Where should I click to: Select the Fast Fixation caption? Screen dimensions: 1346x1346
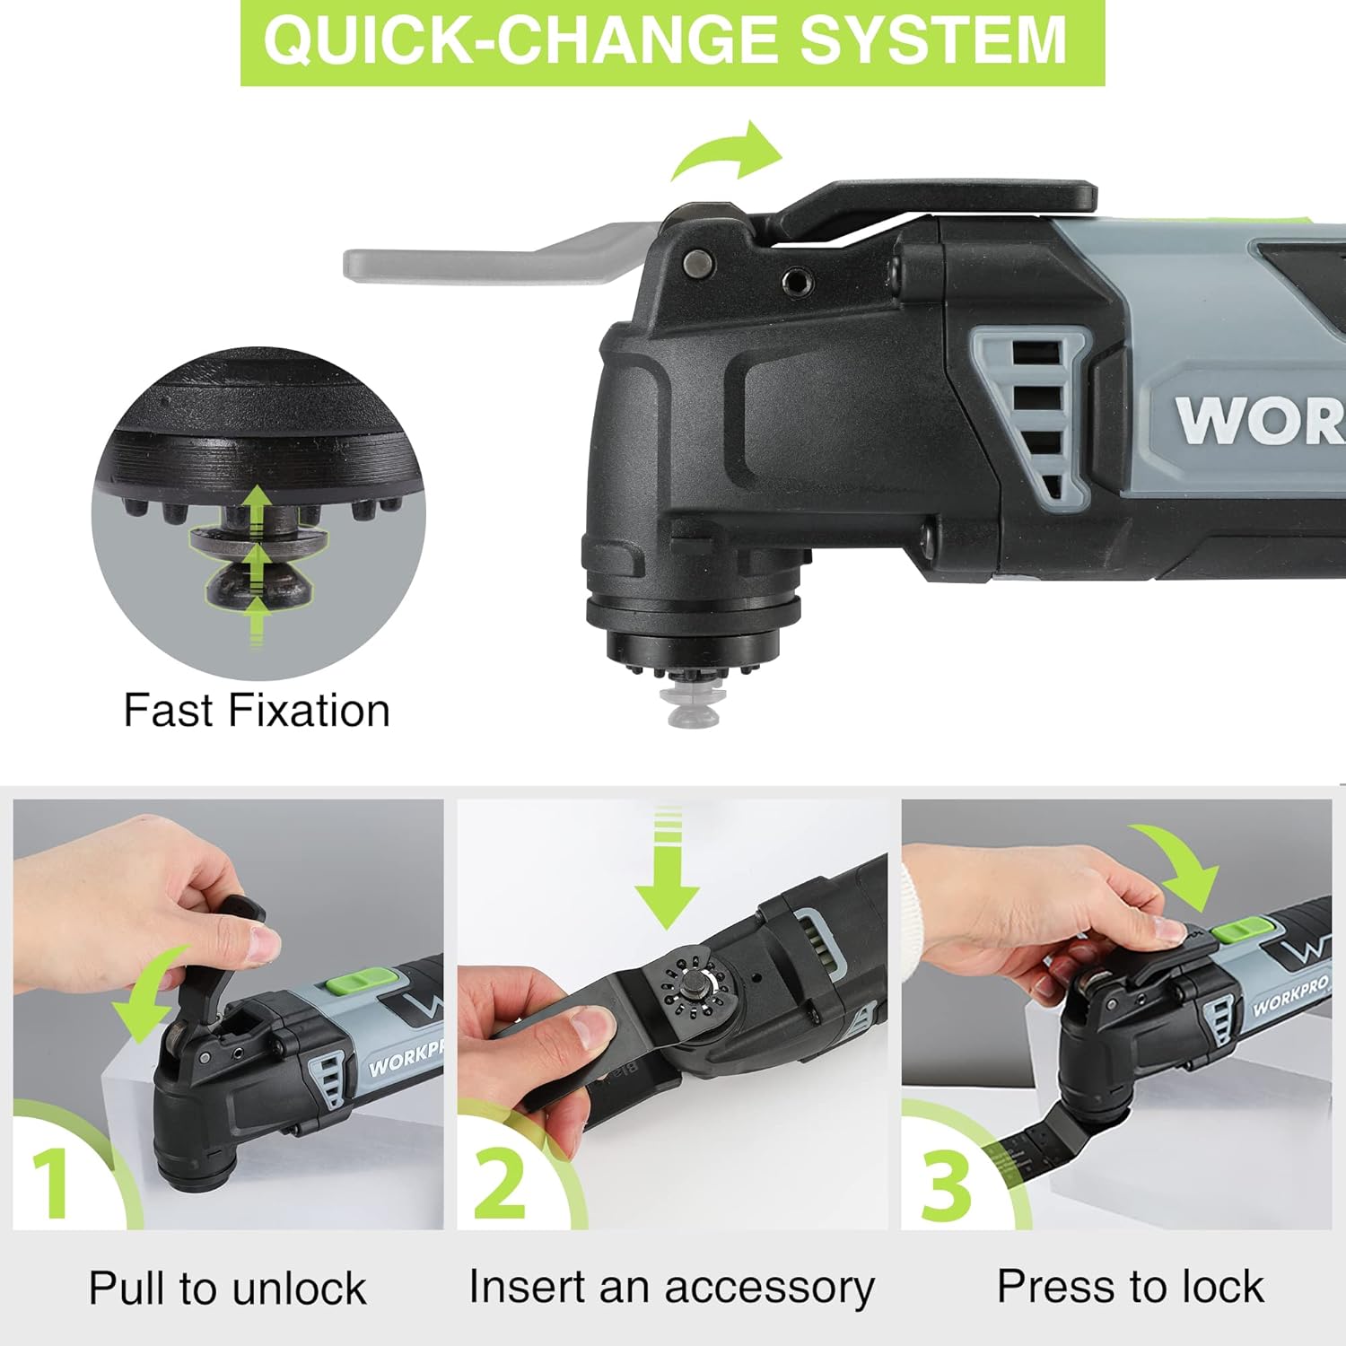(x=257, y=711)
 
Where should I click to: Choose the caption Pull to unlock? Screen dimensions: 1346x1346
(x=228, y=1289)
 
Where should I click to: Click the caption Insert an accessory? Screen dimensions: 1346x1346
(x=671, y=1287)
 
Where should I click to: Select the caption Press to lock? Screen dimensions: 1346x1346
(x=1130, y=1287)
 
